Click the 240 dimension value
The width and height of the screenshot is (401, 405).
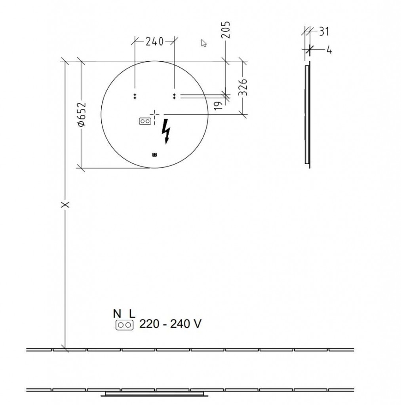[154, 41]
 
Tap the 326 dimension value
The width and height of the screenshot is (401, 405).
[243, 87]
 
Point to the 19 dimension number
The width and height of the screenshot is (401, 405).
[219, 105]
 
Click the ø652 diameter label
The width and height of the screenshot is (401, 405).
[82, 114]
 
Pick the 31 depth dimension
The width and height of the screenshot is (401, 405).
[324, 32]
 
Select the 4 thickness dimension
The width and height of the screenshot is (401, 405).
[329, 49]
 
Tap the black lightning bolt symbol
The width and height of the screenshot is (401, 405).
[166, 131]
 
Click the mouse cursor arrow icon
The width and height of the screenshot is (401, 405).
[204, 43]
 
